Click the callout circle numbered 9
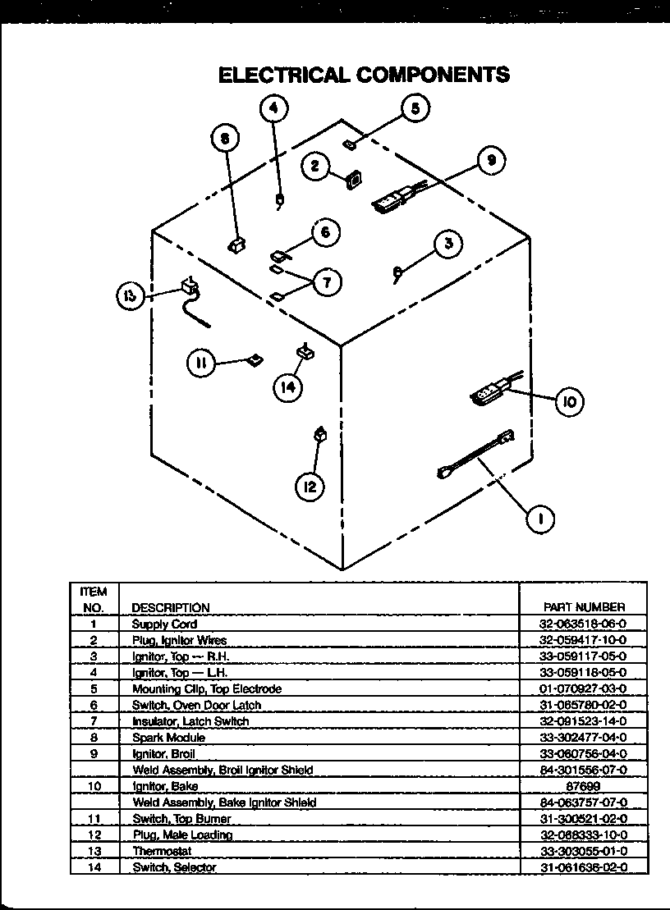coord(490,162)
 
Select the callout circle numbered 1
coord(539,518)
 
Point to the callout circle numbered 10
coord(569,401)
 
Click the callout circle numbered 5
coord(415,108)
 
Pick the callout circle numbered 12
coord(310,487)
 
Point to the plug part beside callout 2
coord(353,180)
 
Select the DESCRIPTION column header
coord(171,607)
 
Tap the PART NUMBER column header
coord(584,607)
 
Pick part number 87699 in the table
coord(584,786)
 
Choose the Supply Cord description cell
coord(164,624)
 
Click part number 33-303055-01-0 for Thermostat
coord(584,851)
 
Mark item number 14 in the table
coord(94,867)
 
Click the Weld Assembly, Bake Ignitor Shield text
coord(224,803)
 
